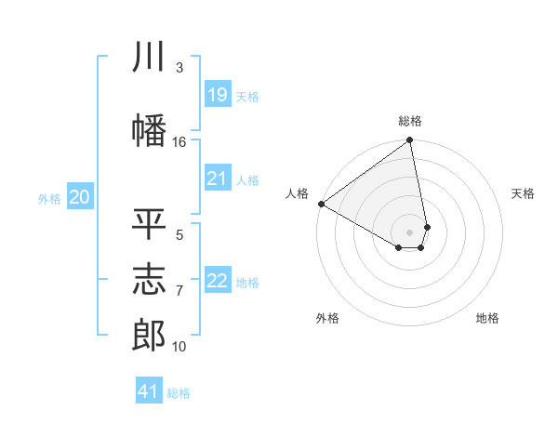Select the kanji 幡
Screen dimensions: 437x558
click(x=150, y=128)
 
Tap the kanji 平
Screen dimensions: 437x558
click(x=150, y=224)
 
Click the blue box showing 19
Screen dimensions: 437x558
click(x=217, y=95)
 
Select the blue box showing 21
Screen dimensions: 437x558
click(x=217, y=179)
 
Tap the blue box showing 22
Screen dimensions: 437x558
click(x=217, y=281)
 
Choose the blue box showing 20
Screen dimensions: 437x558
click(x=80, y=197)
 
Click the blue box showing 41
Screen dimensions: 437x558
click(x=149, y=391)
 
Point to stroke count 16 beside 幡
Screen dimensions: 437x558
click(x=179, y=141)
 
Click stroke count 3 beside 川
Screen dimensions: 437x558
click(x=179, y=68)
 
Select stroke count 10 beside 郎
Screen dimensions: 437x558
click(x=179, y=347)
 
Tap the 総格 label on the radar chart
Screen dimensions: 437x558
click(x=410, y=121)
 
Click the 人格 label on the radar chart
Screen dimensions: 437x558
click(x=298, y=193)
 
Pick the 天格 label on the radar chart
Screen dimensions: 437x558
click(x=523, y=193)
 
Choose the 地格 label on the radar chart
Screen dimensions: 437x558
click(x=487, y=318)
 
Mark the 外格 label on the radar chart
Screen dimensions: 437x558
click(x=327, y=318)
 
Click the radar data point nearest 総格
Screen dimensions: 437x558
click(x=410, y=141)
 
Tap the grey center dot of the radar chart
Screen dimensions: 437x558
click(x=410, y=232)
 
